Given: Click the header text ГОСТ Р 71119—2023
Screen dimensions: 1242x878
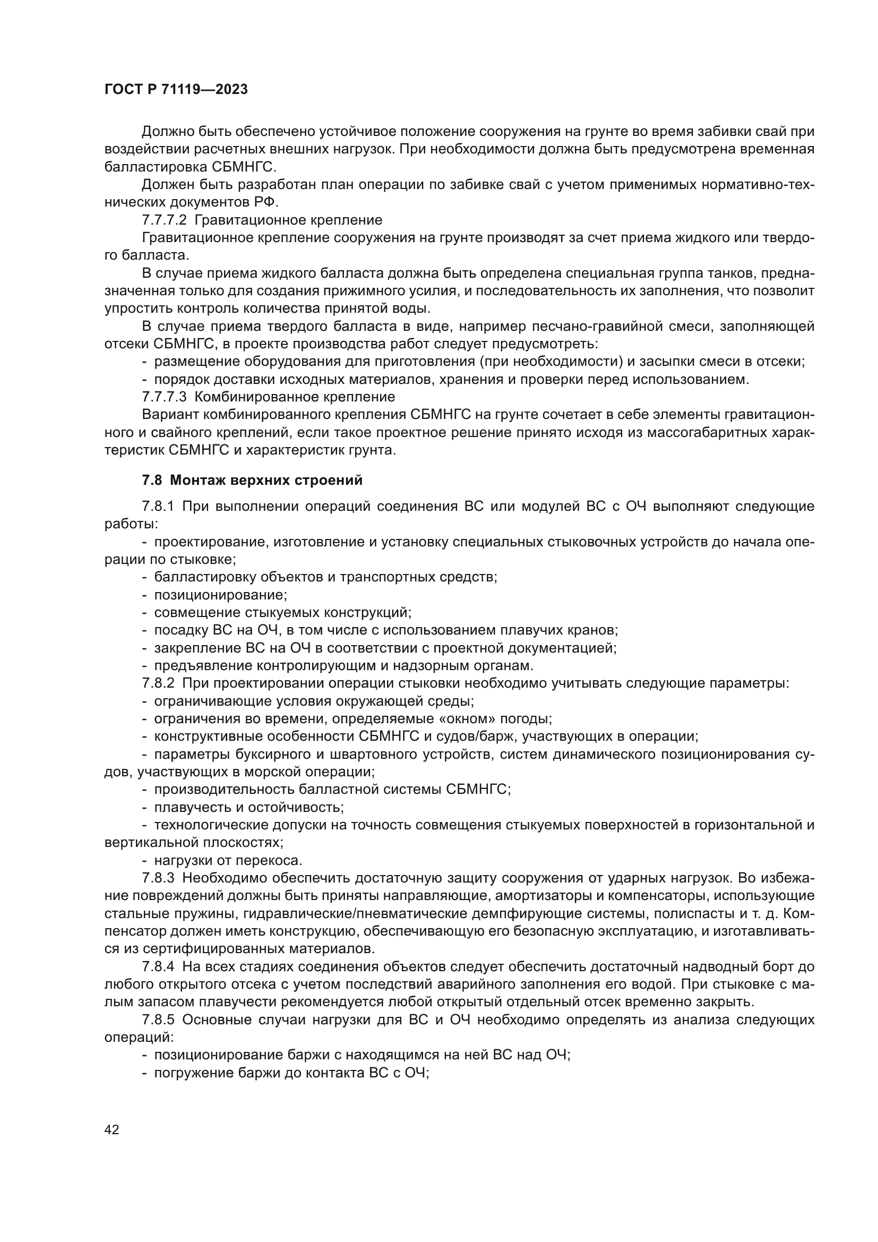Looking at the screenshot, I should point(176,90).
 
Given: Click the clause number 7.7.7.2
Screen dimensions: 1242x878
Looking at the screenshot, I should point(164,220).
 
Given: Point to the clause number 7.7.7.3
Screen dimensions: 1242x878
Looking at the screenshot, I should point(164,397).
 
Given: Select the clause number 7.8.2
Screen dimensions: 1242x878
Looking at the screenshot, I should point(158,683).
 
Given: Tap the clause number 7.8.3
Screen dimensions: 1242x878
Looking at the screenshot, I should point(158,877).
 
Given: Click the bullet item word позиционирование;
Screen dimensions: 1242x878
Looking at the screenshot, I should point(221,595).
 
